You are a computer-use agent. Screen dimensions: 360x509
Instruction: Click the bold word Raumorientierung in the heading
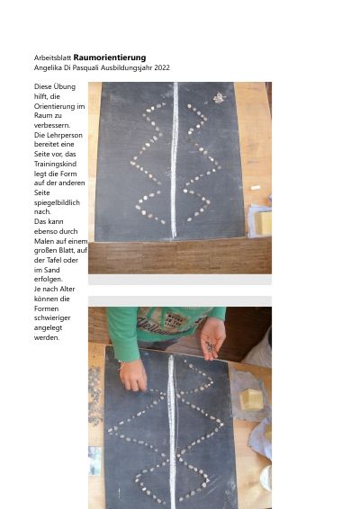tap(110, 58)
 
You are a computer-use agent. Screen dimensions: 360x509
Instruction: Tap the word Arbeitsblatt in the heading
tap(52, 58)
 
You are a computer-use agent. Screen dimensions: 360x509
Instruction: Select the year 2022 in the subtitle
tap(162, 67)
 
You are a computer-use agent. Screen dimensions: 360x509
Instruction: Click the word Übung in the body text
tap(65, 87)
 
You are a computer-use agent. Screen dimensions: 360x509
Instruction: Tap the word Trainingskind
tap(55, 164)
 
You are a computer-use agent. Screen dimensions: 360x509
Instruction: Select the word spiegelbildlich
tap(57, 202)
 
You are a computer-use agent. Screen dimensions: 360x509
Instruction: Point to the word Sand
tap(52, 270)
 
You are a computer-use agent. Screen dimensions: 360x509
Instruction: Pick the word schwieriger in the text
tap(52, 318)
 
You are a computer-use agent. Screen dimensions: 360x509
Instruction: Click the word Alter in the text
tap(67, 289)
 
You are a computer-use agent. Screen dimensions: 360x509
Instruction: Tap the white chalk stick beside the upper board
tap(256, 187)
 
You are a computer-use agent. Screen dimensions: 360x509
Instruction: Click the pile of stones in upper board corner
tap(219, 98)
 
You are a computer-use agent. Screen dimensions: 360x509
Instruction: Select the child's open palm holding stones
tap(212, 338)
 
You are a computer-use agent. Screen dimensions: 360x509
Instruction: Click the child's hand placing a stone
tap(133, 376)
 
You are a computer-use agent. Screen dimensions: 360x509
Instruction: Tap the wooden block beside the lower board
tap(251, 399)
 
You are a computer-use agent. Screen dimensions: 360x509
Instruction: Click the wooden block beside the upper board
tap(263, 223)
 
